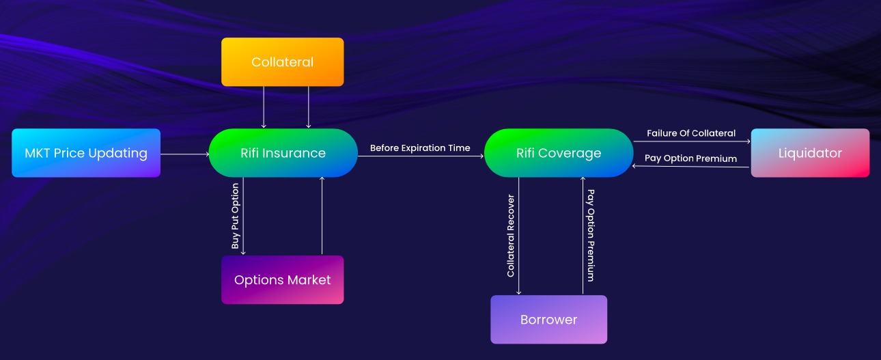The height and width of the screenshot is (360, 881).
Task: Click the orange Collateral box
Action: tap(282, 61)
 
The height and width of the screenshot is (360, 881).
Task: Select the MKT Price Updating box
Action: tap(86, 152)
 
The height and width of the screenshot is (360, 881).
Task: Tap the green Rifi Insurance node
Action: tap(283, 152)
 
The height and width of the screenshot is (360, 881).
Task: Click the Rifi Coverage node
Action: tap(559, 152)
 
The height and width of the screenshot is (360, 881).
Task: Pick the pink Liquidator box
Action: tap(810, 152)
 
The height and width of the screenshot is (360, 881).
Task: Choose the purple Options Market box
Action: tap(282, 280)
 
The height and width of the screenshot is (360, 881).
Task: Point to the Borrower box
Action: tap(548, 320)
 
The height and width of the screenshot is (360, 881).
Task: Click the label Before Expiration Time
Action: tap(420, 148)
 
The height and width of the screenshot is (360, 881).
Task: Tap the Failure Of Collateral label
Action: tap(691, 133)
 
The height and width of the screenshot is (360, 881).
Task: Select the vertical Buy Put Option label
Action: tap(235, 216)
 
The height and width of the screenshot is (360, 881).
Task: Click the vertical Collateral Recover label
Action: tap(511, 236)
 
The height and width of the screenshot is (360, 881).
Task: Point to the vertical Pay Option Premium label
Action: tap(591, 235)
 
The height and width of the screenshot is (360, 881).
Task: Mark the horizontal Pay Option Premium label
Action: tap(690, 158)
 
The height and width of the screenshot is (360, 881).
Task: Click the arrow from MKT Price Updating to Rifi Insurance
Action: tap(185, 154)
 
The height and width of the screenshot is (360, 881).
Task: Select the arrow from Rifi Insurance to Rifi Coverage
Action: tap(421, 156)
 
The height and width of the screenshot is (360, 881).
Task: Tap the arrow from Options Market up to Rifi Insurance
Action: tap(322, 216)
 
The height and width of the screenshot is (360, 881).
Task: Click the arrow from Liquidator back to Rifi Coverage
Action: tap(690, 167)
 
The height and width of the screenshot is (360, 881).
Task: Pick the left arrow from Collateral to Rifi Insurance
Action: tap(264, 107)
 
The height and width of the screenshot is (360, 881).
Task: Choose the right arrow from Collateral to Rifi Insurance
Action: tap(309, 107)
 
